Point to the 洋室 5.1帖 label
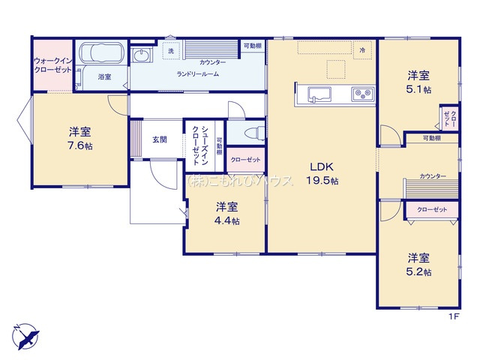(x=418, y=82)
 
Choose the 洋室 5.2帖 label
(x=418, y=263)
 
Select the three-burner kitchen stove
(x=363, y=94)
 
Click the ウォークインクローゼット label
(x=52, y=64)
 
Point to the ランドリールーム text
(x=197, y=74)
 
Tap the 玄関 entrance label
(x=159, y=139)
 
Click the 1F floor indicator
(x=453, y=316)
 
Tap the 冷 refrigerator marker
(x=362, y=49)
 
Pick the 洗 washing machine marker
(x=171, y=51)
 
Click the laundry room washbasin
(x=141, y=55)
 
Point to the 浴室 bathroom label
(x=104, y=77)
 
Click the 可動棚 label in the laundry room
(x=252, y=46)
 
